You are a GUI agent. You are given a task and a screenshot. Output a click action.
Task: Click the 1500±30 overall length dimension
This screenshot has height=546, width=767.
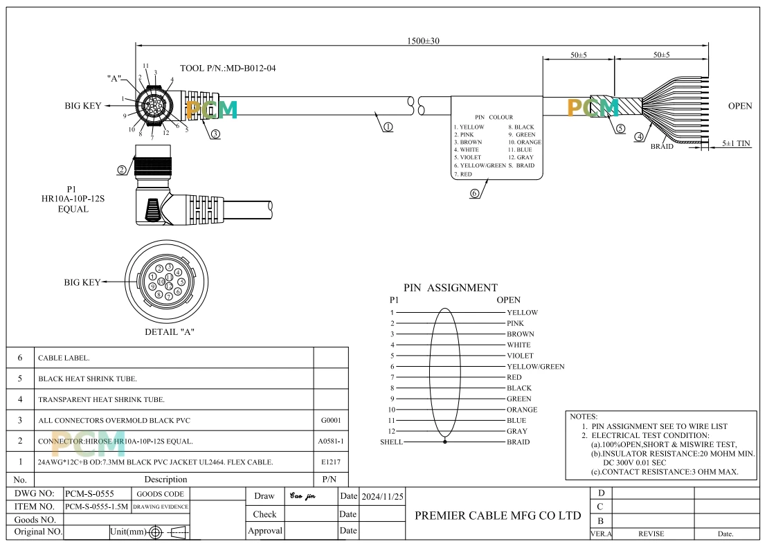[x=423, y=41]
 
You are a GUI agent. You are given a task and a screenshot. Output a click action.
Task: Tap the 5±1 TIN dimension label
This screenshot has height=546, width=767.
[x=736, y=143]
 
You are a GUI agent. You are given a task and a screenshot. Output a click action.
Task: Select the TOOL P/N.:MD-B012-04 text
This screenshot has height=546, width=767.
[x=228, y=68]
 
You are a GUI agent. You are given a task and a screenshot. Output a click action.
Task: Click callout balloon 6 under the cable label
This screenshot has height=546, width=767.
[x=474, y=194]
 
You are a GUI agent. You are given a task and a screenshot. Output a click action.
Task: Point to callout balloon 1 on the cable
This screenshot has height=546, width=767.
[x=388, y=127]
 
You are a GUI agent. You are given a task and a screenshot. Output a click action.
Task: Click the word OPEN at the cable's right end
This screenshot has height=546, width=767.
[x=740, y=106]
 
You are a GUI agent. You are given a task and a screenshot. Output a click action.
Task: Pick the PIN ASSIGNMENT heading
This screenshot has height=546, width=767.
[x=451, y=287]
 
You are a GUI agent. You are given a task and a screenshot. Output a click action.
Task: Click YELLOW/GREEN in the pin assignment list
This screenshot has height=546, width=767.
[x=536, y=367]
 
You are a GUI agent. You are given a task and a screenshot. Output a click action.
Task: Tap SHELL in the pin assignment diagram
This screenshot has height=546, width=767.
[x=391, y=442]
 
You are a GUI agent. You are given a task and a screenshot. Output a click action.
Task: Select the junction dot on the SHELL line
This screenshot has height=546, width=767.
[x=445, y=442]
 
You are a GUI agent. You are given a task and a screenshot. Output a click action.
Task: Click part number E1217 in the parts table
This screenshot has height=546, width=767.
[x=331, y=462]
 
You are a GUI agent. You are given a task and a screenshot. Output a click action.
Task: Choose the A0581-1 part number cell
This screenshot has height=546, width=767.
[x=331, y=441]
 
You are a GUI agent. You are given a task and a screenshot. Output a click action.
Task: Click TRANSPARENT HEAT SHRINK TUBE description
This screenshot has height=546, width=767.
[x=101, y=400]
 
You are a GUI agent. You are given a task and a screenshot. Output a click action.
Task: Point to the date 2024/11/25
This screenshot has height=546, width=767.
[x=383, y=497]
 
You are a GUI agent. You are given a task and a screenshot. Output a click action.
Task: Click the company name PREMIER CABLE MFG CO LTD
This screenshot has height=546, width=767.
[x=498, y=515]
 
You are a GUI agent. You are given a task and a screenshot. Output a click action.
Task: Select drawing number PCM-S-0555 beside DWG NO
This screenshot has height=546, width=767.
[x=89, y=494]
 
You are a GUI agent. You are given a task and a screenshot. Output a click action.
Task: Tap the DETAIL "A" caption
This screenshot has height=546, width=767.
[x=169, y=332]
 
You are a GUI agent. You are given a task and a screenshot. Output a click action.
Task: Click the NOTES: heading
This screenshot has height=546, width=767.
[x=584, y=417]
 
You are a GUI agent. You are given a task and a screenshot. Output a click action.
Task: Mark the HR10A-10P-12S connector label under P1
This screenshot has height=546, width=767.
[x=73, y=199]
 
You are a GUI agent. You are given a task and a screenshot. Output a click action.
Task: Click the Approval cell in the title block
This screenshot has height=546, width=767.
[x=265, y=531]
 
